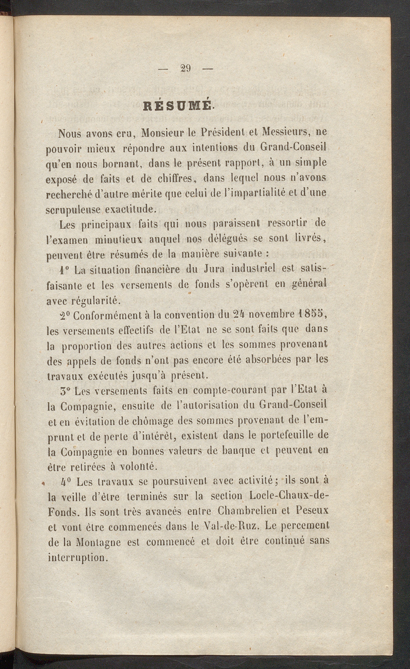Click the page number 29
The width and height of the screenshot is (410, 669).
(185, 68)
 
